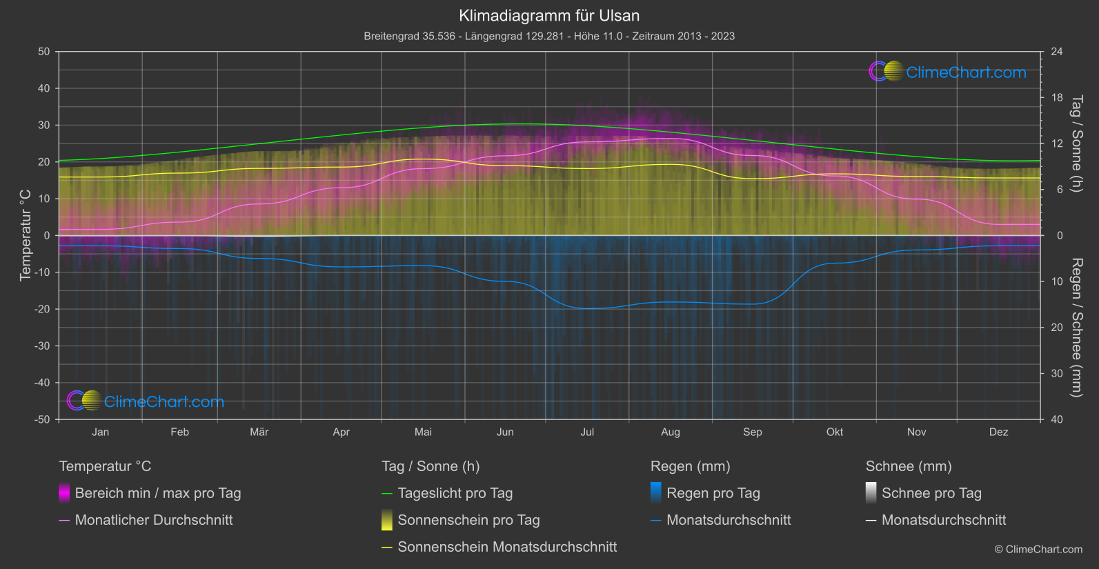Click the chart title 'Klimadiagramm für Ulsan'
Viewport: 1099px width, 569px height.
[x=549, y=15]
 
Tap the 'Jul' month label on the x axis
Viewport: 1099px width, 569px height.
[x=587, y=432]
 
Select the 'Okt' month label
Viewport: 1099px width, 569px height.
[x=835, y=432]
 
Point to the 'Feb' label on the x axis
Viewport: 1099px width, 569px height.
[x=179, y=432]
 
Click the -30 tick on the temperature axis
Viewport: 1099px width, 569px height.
[x=43, y=346]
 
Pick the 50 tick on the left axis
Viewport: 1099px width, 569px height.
[x=44, y=52]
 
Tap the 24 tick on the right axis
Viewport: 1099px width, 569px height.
[x=1056, y=52]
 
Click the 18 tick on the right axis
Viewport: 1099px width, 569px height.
[x=1056, y=98]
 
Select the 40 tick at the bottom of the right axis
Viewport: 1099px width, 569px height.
[x=1056, y=419]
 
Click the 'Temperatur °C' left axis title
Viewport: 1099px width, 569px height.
[x=26, y=235]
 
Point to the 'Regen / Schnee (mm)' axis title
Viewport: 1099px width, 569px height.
[x=1076, y=328]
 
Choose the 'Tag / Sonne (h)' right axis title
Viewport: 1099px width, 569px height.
[x=1076, y=143]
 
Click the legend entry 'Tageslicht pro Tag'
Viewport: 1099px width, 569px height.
[x=455, y=493]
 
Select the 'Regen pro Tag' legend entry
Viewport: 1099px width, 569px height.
[x=713, y=493]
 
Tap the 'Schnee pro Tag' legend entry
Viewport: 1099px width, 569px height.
[x=931, y=493]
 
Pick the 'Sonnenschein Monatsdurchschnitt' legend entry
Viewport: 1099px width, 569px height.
[x=507, y=547]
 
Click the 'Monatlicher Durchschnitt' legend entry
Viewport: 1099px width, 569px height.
[x=153, y=520]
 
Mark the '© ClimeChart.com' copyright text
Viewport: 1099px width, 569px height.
[x=1038, y=549]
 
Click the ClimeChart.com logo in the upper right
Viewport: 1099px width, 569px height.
[x=948, y=72]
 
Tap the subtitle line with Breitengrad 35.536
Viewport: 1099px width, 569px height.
[x=549, y=36]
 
